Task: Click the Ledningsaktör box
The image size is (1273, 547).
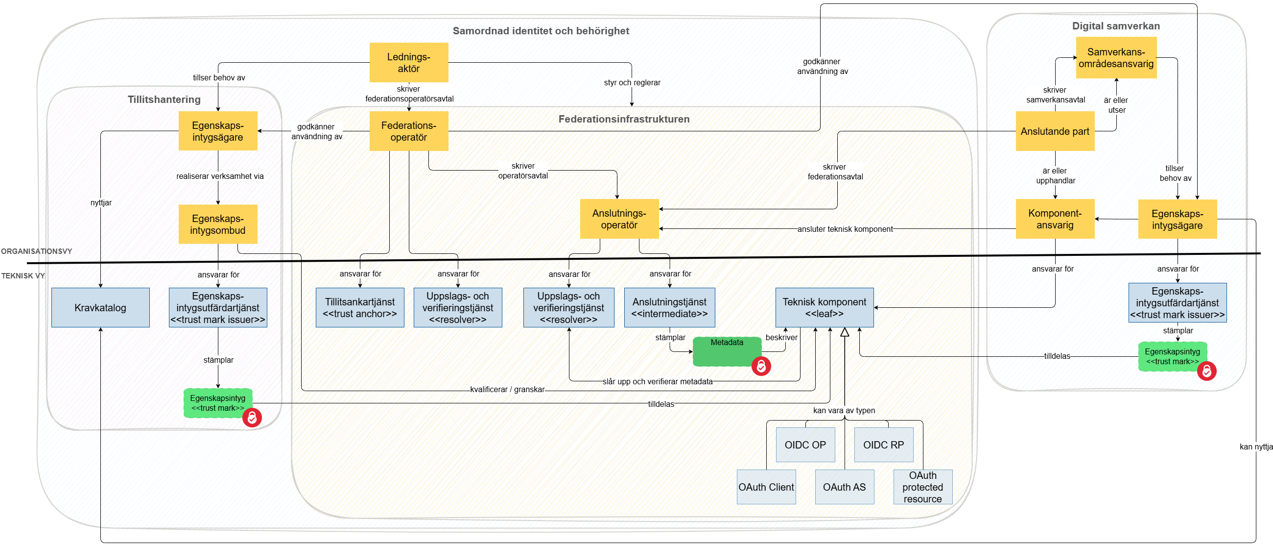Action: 409,62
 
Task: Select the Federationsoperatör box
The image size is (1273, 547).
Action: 409,131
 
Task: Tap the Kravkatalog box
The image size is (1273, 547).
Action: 100,308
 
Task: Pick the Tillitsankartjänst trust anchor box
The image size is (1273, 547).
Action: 360,308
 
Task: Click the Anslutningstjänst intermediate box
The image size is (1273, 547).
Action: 669,308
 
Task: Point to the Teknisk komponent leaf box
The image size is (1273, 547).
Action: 825,308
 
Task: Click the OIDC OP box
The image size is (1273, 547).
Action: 805,445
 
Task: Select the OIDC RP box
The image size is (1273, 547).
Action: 884,445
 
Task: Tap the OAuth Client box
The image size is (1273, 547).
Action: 766,487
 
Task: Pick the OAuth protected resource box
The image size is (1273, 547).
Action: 922,487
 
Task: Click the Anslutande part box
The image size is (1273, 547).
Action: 1055,131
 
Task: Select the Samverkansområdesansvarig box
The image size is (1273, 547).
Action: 1116,58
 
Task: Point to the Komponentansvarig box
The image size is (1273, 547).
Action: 1055,219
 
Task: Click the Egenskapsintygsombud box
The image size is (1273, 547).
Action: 217,224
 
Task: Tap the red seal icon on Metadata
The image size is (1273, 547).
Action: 761,367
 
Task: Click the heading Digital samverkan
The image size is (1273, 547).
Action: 1115,25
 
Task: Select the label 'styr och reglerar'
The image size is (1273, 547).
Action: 632,83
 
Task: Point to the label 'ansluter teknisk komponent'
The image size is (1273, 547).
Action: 845,229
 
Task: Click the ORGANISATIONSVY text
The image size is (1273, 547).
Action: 37,251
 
